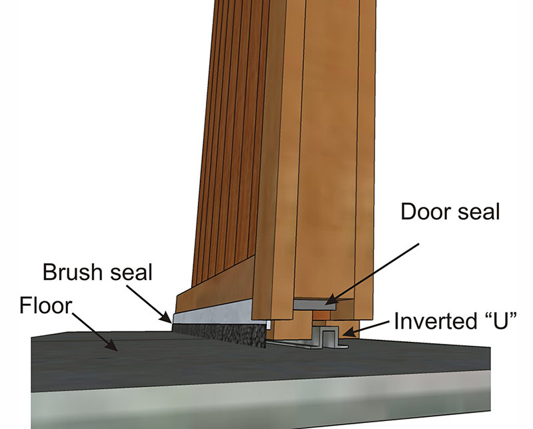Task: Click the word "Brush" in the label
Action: coord(71,273)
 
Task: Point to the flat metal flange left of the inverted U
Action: coord(293,344)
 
